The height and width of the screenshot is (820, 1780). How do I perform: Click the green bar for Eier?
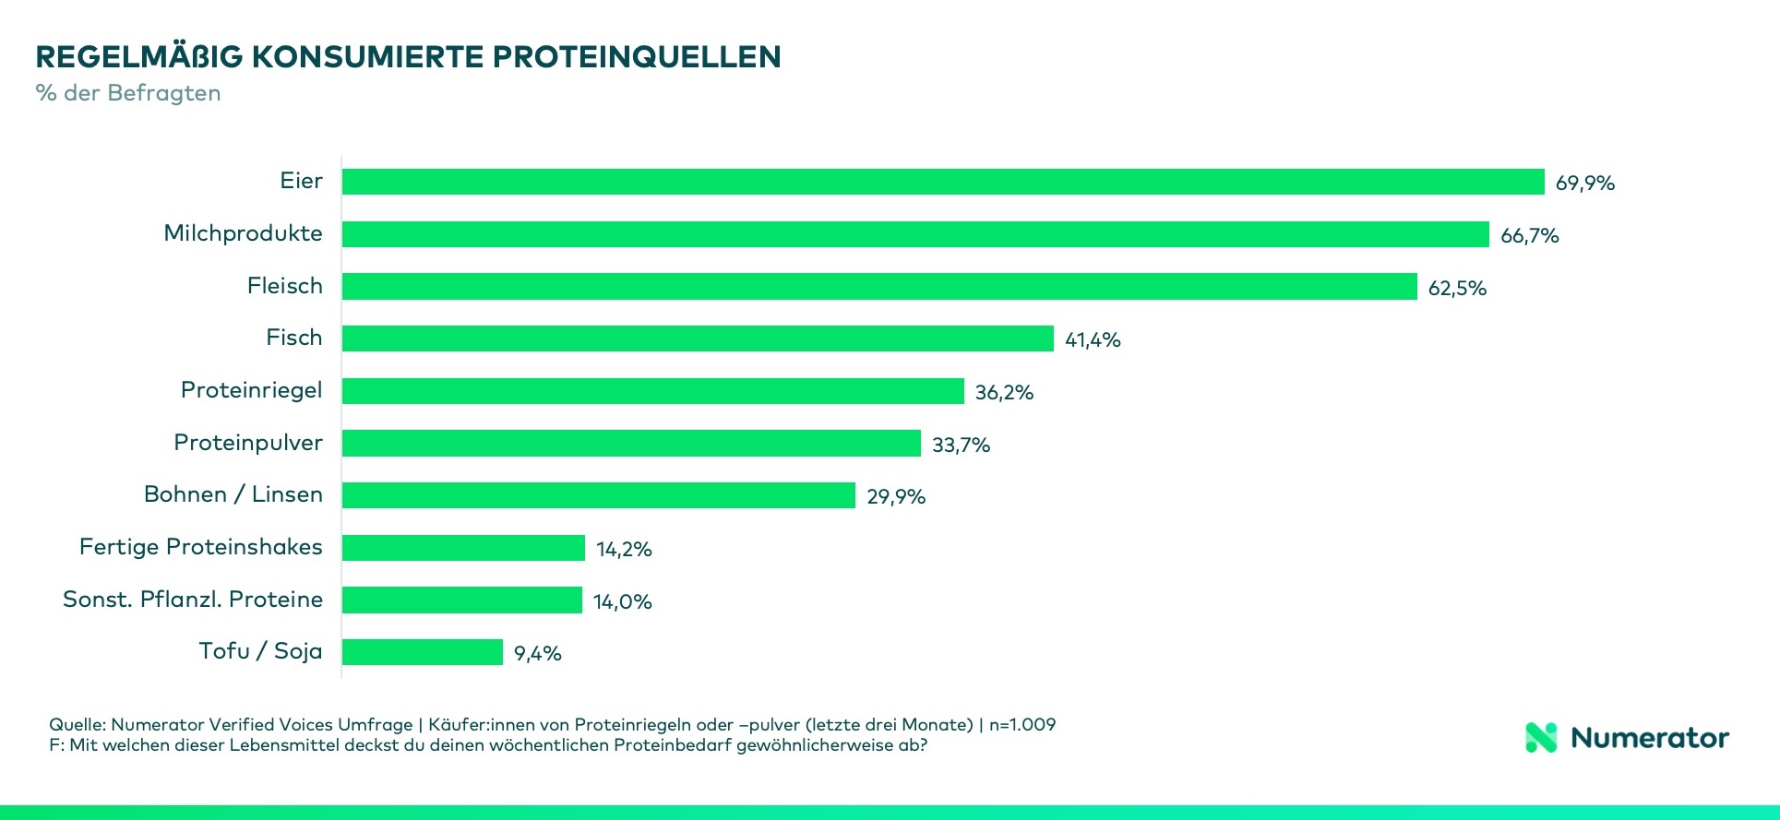click(942, 182)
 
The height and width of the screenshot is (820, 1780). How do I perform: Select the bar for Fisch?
click(697, 339)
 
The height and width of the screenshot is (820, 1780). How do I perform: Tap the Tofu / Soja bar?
click(422, 652)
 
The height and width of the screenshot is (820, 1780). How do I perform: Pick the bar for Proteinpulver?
click(630, 444)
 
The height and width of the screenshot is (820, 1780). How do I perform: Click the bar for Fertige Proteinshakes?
click(462, 548)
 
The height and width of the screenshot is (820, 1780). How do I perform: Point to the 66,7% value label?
click(1529, 235)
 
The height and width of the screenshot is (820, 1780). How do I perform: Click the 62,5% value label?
click(1457, 288)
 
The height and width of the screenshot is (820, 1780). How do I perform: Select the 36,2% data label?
click(1004, 392)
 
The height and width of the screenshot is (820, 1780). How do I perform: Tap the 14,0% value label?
click(622, 601)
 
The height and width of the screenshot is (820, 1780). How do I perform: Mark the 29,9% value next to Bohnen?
click(895, 496)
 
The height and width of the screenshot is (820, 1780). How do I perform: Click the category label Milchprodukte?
click(243, 233)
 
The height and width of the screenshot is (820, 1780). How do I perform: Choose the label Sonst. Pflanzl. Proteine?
click(192, 600)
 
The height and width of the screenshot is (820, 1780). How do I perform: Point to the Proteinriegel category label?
click(251, 390)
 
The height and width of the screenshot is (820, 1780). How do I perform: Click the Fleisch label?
click(284, 286)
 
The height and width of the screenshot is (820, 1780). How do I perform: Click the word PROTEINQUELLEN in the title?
click(636, 57)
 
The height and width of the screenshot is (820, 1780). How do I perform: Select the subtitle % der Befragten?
click(128, 93)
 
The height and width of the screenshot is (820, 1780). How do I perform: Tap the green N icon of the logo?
click(1541, 737)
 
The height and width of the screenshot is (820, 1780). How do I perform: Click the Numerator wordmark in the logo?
click(1649, 738)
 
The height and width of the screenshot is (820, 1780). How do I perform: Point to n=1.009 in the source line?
click(1021, 724)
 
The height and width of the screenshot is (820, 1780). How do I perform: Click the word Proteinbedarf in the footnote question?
click(673, 745)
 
